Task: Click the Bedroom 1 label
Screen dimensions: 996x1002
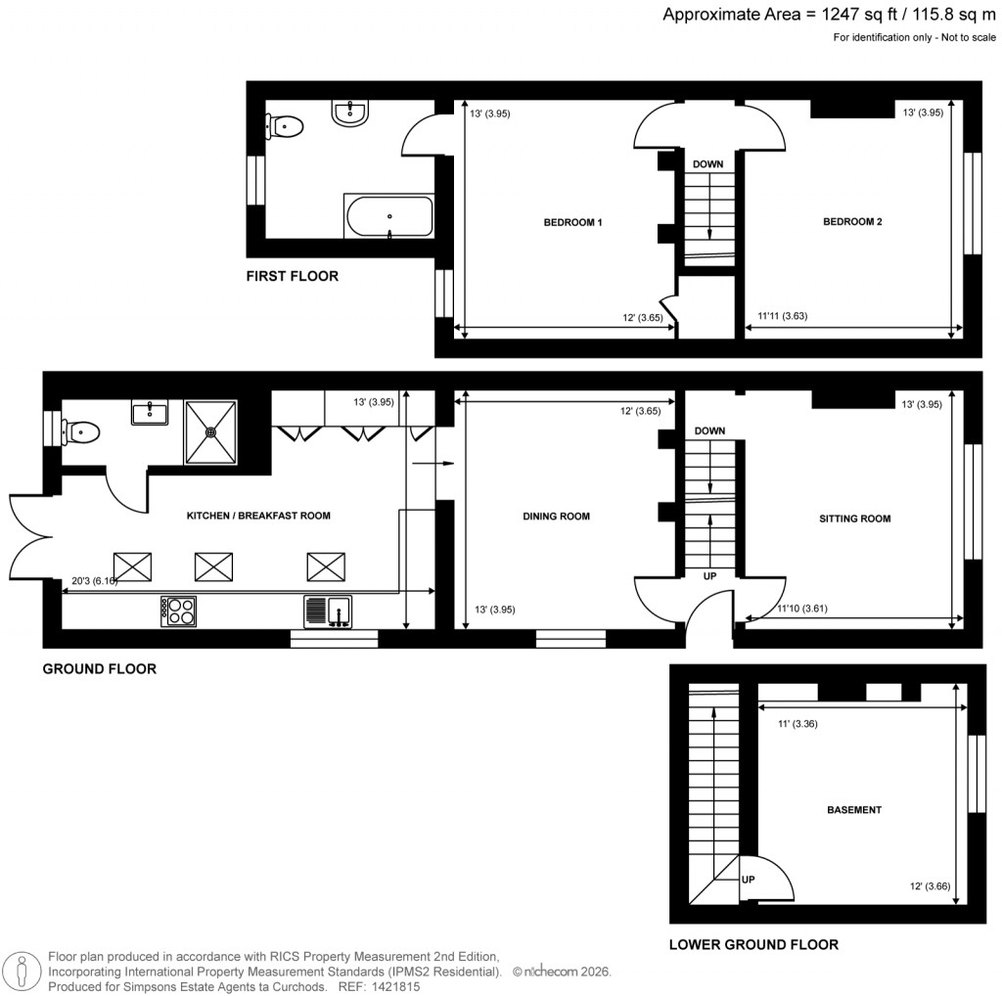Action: click(572, 222)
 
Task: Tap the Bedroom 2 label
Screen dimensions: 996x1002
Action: click(852, 222)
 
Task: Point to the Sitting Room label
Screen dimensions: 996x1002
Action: click(854, 519)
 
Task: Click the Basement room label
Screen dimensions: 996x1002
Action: click(854, 810)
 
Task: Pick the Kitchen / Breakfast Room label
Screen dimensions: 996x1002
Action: click(258, 516)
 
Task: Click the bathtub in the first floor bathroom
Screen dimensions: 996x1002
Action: click(388, 216)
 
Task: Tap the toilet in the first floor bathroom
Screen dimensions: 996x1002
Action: click(284, 125)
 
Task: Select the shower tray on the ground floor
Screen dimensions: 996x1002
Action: click(210, 431)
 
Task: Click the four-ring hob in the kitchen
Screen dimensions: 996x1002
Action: click(178, 611)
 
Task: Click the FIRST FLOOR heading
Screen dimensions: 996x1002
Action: click(292, 277)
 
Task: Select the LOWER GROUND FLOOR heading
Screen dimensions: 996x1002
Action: click(753, 945)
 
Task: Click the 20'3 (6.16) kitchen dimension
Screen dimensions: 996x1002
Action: click(94, 581)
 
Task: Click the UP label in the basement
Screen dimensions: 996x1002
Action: click(749, 880)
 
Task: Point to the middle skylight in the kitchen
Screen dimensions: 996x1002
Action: click(214, 566)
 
